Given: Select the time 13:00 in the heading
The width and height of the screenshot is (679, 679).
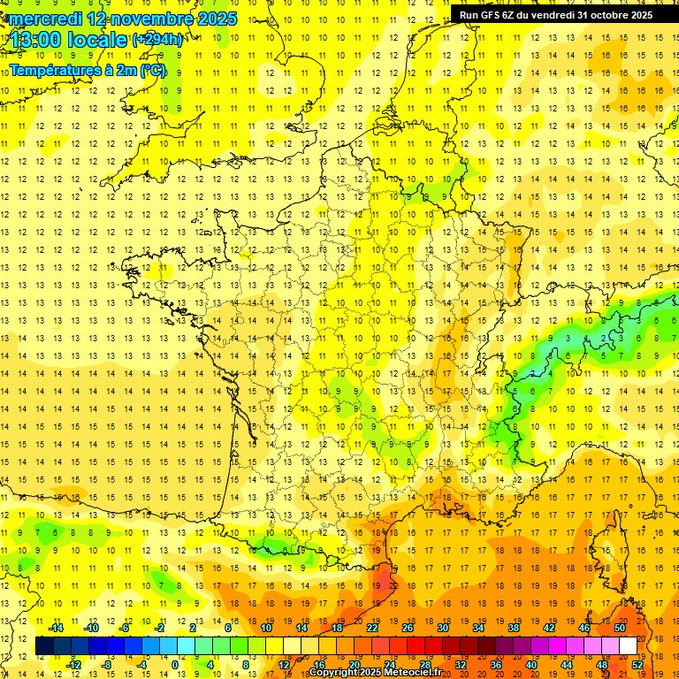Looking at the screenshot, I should [38, 40].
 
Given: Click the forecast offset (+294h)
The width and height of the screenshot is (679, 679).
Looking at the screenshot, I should [157, 40].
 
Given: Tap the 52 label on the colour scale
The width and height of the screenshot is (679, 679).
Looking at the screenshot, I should [637, 665].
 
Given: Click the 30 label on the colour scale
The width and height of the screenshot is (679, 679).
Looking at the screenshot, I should [442, 628].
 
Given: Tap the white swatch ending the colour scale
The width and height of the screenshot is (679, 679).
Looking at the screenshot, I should [628, 646].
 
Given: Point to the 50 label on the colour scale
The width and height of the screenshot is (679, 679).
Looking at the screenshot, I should [619, 628].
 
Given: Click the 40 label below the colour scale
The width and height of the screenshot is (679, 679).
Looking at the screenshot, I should [530, 665].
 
